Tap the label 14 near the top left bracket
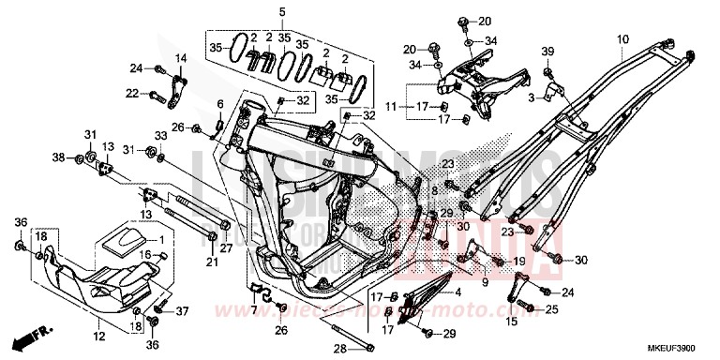[182, 58]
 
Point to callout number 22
[133, 93]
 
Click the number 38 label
[58, 156]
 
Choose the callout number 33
[161, 135]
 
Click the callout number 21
[212, 262]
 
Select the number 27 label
[226, 247]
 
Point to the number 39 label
[548, 50]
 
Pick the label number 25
[552, 309]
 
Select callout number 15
[512, 322]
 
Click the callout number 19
[518, 262]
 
